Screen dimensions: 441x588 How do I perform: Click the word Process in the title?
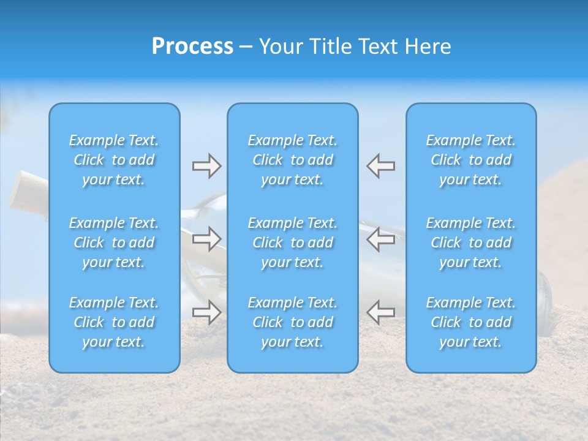pyautogui.click(x=192, y=47)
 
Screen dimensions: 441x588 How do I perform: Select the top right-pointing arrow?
pyautogui.click(x=206, y=166)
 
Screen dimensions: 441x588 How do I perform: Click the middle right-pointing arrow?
pyautogui.click(x=206, y=238)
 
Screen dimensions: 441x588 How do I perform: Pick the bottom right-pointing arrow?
pyautogui.click(x=206, y=312)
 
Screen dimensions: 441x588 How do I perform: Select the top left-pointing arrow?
pyautogui.click(x=380, y=166)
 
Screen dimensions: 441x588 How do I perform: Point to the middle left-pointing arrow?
pyautogui.click(x=380, y=238)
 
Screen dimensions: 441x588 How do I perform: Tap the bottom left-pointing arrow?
pyautogui.click(x=380, y=312)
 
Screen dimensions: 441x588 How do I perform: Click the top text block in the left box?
pyautogui.click(x=114, y=160)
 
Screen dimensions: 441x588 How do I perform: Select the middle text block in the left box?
pyautogui.click(x=114, y=243)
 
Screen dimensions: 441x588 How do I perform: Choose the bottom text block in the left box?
pyautogui.click(x=114, y=322)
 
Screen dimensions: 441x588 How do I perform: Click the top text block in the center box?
pyautogui.click(x=292, y=160)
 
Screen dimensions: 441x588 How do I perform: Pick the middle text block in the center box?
pyautogui.click(x=292, y=243)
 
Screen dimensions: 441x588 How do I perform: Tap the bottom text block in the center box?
pyautogui.click(x=292, y=322)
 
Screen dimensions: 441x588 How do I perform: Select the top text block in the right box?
pyautogui.click(x=470, y=160)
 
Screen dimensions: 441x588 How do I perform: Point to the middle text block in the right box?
pyautogui.click(x=470, y=243)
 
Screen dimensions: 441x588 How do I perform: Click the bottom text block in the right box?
pyautogui.click(x=470, y=322)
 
